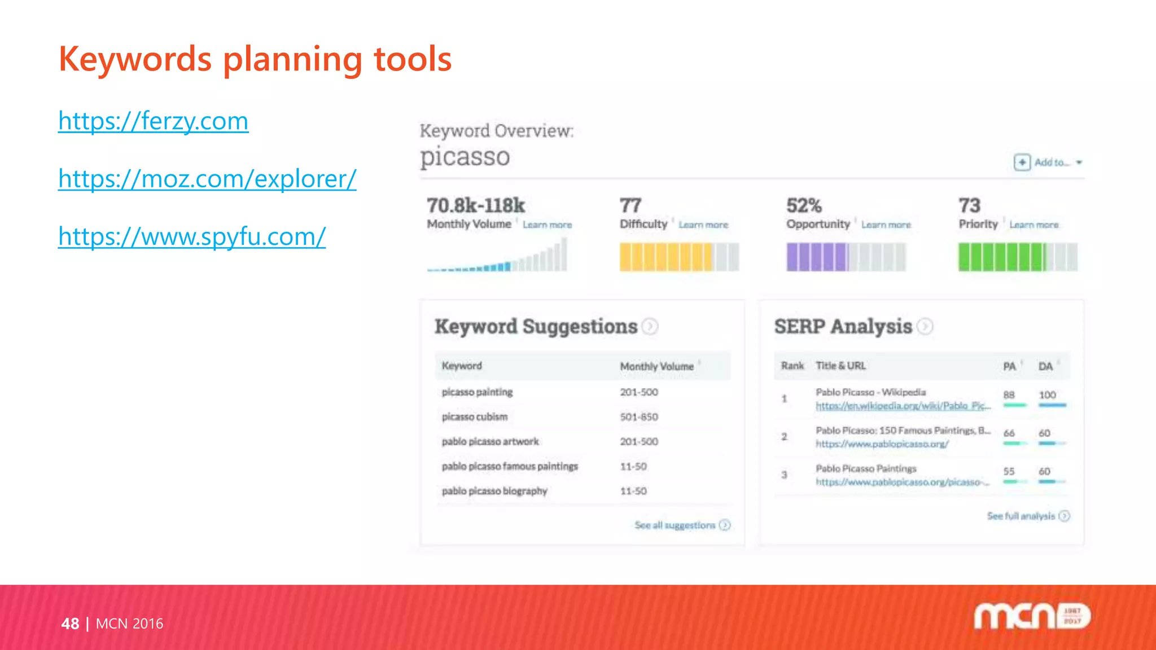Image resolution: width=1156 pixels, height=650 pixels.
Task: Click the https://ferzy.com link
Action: point(153,121)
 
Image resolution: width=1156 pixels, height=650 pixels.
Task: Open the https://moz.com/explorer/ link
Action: point(207,179)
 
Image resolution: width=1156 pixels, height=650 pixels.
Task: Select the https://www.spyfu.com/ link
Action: point(192,237)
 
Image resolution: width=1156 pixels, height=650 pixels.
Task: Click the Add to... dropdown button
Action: point(1048,162)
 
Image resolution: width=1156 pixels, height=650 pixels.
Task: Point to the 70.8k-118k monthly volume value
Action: point(476,205)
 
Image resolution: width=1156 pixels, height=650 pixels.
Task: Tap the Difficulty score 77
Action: point(630,205)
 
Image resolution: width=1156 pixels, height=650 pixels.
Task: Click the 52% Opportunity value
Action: point(804,205)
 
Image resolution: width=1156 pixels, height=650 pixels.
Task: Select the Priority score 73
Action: point(969,205)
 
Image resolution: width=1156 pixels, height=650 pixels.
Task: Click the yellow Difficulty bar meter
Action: point(679,257)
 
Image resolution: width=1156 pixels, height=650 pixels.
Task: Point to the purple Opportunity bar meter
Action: point(846,257)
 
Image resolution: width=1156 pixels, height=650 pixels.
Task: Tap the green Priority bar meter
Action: point(1018,257)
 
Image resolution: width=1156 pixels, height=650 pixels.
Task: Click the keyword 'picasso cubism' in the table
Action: point(475,417)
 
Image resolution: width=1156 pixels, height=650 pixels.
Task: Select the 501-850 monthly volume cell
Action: point(639,417)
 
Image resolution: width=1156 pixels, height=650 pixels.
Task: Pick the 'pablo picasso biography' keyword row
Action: point(494,491)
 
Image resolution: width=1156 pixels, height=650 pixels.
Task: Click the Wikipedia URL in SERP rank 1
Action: point(903,406)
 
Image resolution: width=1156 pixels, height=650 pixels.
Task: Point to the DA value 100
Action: point(1048,395)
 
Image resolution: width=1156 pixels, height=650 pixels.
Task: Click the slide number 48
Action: point(70,623)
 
